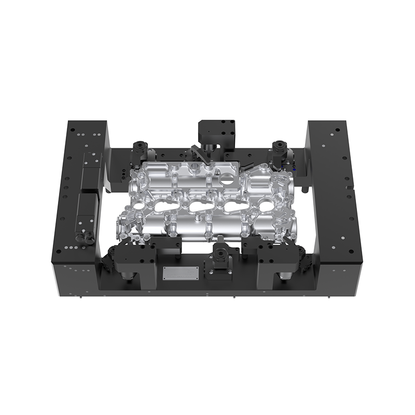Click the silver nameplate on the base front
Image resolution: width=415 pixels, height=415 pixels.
click(181, 273)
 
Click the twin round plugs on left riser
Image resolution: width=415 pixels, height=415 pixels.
click(82, 238)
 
